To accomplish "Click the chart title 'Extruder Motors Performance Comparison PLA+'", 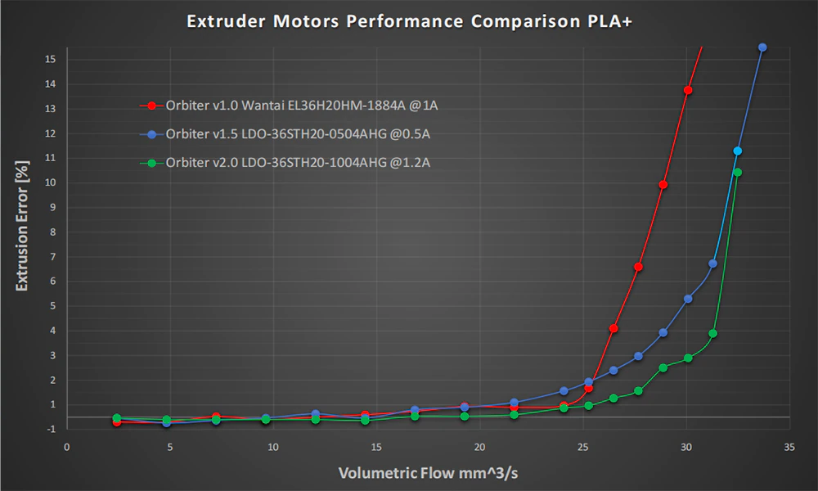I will click(x=409, y=21).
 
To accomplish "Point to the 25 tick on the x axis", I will click(x=583, y=448).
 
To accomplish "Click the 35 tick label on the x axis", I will click(x=789, y=448).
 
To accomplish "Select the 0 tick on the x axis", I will click(x=67, y=448).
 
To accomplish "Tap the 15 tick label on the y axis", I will click(x=50, y=60).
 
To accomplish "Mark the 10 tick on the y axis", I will click(x=50, y=182).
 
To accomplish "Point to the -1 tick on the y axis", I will click(x=50, y=429).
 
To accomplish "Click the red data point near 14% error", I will click(x=688, y=90).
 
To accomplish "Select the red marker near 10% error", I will click(x=663, y=185).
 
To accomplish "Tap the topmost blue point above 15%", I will click(x=762, y=47).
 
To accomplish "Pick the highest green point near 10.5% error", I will click(x=737, y=172).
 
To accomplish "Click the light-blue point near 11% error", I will click(x=737, y=151).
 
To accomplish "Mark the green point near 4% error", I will click(x=712, y=334).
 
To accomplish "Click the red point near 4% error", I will click(x=613, y=328).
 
